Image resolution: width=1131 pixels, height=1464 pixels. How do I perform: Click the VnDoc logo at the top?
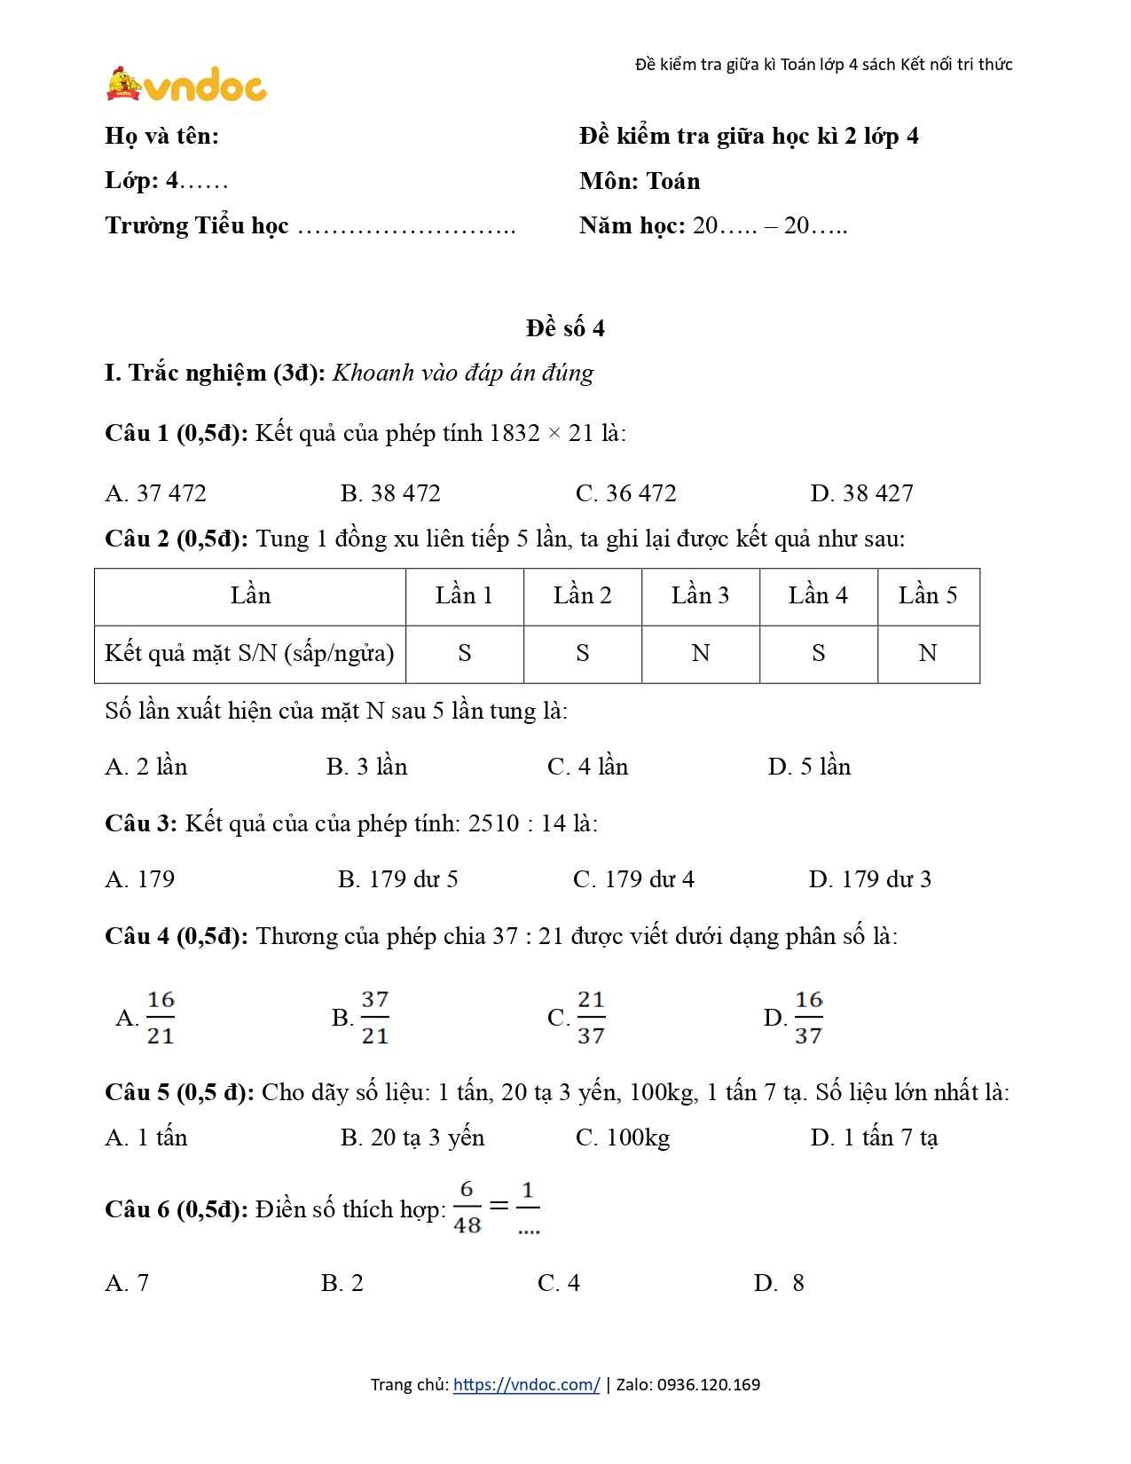tap(186, 85)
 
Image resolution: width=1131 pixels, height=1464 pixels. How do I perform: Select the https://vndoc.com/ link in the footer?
tap(526, 1385)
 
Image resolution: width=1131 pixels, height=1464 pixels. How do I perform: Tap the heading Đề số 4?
tap(565, 328)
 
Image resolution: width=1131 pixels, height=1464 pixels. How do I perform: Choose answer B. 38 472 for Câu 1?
tap(390, 493)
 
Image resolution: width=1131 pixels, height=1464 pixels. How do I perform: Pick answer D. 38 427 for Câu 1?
tap(861, 493)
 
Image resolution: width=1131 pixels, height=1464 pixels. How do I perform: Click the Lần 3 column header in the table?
tap(700, 595)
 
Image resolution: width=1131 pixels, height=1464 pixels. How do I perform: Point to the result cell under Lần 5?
tap(928, 654)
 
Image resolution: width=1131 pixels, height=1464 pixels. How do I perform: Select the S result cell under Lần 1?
tap(464, 654)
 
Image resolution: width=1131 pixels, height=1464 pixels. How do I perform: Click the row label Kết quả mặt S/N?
tap(249, 654)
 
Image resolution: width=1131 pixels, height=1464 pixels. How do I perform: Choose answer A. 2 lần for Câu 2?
tap(146, 767)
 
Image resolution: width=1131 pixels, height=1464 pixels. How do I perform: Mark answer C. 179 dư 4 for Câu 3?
tap(633, 879)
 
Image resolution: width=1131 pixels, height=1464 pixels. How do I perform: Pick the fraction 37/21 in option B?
tap(375, 1018)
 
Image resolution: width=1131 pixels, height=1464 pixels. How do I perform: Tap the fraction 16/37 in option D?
tap(808, 1018)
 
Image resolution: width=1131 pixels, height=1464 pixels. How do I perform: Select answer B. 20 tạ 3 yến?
tap(412, 1137)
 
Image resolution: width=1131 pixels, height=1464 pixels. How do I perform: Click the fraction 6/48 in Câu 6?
tap(467, 1208)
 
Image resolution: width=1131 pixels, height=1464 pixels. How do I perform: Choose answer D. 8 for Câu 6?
tap(779, 1283)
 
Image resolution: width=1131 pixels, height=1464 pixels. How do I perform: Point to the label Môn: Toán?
tap(640, 181)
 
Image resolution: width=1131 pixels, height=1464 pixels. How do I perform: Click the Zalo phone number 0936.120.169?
tap(709, 1385)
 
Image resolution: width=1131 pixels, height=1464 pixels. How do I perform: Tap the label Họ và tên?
tap(161, 136)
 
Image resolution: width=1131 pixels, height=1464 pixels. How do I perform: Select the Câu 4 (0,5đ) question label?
tap(177, 936)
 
